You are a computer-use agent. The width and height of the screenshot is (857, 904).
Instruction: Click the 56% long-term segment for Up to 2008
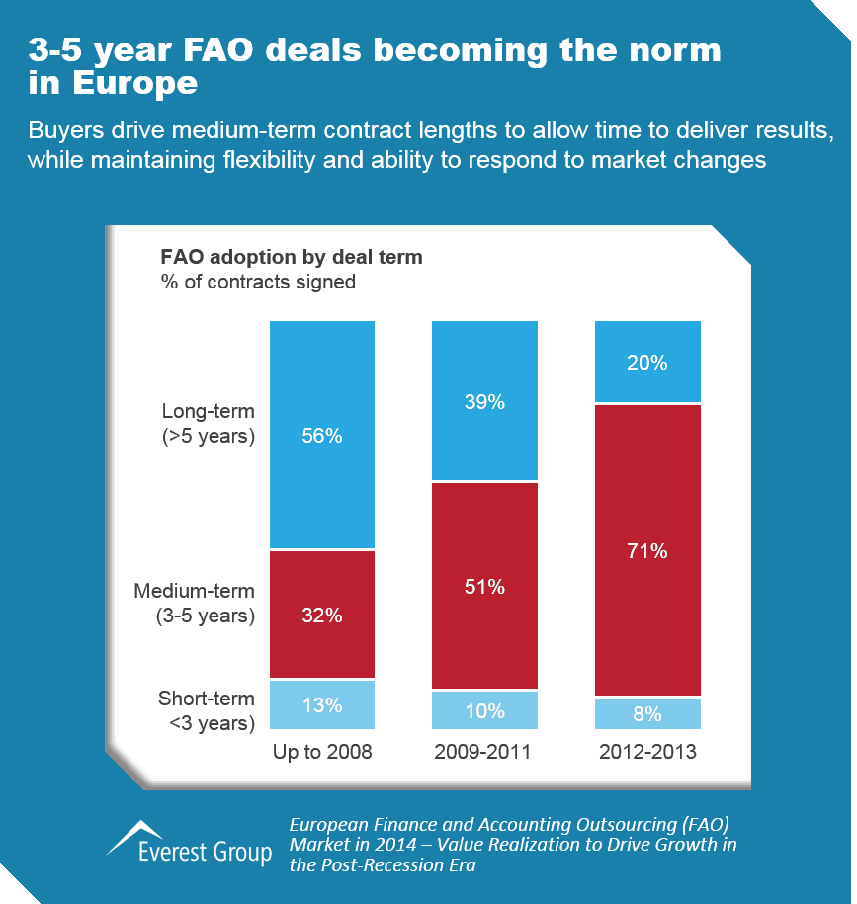(322, 434)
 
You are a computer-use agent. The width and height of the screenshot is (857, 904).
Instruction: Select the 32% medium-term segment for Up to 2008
(322, 614)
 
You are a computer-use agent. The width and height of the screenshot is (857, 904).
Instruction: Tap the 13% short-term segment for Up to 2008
(322, 704)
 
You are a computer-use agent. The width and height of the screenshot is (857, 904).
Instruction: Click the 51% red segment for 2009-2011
(484, 586)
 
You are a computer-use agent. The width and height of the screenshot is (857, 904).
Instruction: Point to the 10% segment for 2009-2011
(484, 709)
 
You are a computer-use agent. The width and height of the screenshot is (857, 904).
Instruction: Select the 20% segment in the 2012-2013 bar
(646, 362)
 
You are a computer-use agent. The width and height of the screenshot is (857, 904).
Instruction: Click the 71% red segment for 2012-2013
(646, 550)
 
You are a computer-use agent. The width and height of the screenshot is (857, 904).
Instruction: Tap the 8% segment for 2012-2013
(646, 713)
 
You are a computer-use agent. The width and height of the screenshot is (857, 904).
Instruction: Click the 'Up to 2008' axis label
(322, 752)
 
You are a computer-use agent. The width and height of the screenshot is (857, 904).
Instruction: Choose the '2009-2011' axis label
(483, 752)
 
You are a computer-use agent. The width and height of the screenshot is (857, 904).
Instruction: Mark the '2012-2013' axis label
(647, 752)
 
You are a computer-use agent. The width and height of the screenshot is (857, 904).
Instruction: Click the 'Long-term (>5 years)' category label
(209, 424)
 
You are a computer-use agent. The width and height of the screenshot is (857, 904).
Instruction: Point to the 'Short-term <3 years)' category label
(207, 711)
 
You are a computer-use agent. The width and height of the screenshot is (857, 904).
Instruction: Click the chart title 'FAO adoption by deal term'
(292, 257)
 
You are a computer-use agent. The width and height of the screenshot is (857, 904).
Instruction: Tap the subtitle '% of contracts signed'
(258, 282)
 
